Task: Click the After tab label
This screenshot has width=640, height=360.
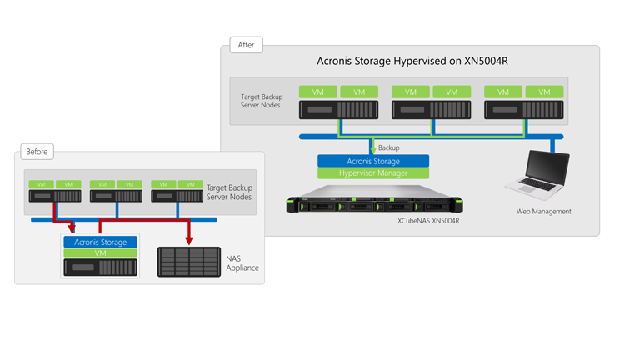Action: point(246,45)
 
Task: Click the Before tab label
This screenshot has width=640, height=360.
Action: point(37,152)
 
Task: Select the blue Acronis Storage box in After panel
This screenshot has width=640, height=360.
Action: point(373,161)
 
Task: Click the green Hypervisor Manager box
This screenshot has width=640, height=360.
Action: point(373,173)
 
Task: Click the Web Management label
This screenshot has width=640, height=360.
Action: point(543,212)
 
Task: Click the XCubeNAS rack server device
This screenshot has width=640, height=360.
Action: point(374,204)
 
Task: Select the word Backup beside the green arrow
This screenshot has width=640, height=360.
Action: point(388,147)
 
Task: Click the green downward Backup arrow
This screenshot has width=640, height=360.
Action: point(372,147)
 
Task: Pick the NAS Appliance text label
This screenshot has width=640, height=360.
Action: point(242,262)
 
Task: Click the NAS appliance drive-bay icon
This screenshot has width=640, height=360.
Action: point(189,262)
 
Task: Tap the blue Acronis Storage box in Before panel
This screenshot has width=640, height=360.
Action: point(100,242)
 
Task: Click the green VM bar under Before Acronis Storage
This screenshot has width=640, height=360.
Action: point(100,252)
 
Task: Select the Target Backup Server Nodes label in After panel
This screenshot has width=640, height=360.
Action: point(262,102)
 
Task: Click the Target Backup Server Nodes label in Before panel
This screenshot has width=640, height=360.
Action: point(228,192)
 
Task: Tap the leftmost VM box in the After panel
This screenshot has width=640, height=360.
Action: point(317,92)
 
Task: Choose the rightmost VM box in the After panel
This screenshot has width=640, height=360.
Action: point(544,92)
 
